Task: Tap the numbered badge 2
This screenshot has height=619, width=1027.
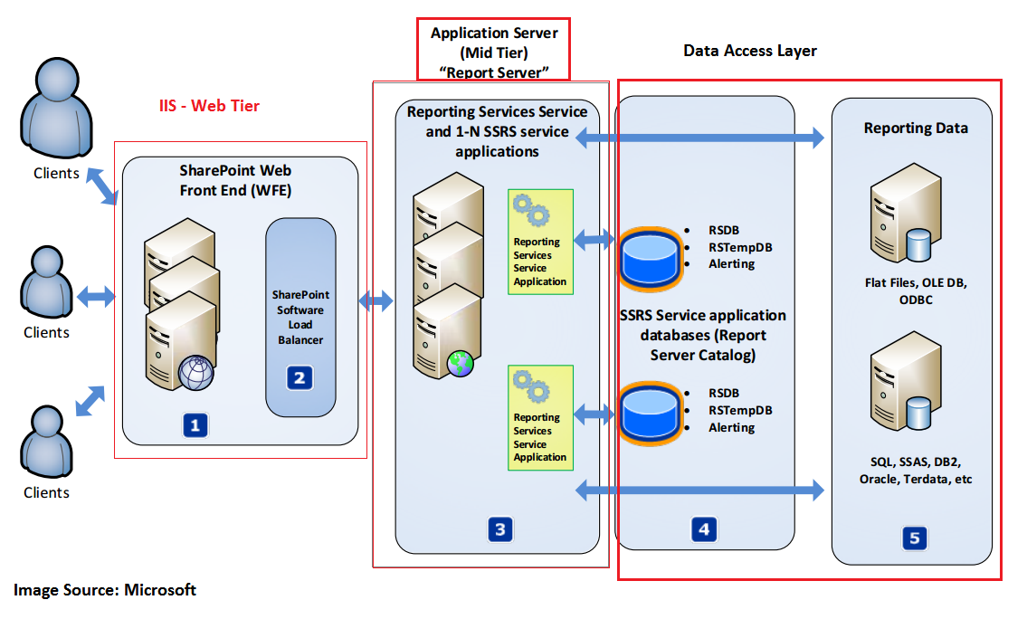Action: coord(299,377)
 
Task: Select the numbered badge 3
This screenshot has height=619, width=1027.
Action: coord(499,529)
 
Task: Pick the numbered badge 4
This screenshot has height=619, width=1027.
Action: coord(704,529)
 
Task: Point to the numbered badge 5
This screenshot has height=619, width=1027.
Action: coord(913,538)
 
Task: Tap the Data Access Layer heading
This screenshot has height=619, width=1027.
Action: coord(750,51)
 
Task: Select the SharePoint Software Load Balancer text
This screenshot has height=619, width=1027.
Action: coord(301,317)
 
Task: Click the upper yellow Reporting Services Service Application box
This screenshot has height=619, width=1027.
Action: coord(540,240)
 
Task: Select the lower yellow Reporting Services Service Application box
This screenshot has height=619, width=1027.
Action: coord(540,416)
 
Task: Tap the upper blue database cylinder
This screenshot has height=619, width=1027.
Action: coord(651,256)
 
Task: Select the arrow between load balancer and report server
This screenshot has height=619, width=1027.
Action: coord(376,300)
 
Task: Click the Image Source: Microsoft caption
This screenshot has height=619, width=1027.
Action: coord(105,590)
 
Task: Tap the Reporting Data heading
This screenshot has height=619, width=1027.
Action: coord(916,129)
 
